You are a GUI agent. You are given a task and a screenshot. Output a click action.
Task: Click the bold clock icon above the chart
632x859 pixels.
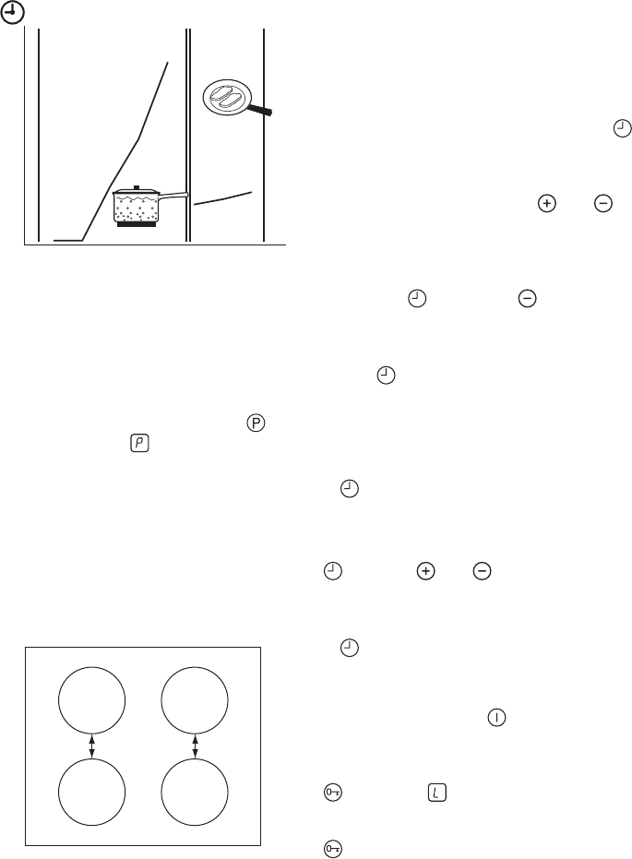pyautogui.click(x=13, y=13)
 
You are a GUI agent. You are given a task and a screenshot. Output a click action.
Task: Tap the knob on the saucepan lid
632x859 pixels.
pyautogui.click(x=137, y=188)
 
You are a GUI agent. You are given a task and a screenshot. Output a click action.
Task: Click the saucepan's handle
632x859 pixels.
pyautogui.click(x=173, y=195)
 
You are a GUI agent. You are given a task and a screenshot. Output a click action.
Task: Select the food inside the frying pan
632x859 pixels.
pyautogui.click(x=226, y=96)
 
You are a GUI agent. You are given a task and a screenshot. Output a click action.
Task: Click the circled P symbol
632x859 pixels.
pyautogui.click(x=256, y=423)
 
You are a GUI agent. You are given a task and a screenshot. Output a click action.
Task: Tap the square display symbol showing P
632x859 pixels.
pyautogui.click(x=139, y=443)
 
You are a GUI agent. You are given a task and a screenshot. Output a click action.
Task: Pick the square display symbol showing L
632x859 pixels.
pyautogui.click(x=436, y=793)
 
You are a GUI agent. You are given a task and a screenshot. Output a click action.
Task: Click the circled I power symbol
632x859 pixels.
pyautogui.click(x=496, y=718)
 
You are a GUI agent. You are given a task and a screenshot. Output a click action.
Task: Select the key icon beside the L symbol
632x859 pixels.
pyautogui.click(x=333, y=793)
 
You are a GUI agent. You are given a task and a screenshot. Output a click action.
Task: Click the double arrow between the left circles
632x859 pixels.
pyautogui.click(x=92, y=746)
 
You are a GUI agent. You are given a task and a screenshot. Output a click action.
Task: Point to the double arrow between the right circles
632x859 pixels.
pyautogui.click(x=195, y=746)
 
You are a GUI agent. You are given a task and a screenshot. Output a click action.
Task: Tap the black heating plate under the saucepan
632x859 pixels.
pyautogui.click(x=137, y=223)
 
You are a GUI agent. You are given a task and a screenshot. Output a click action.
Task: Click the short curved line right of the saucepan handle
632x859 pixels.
pyautogui.click(x=223, y=198)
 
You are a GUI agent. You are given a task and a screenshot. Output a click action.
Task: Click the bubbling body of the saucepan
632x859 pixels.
pyautogui.click(x=137, y=207)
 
